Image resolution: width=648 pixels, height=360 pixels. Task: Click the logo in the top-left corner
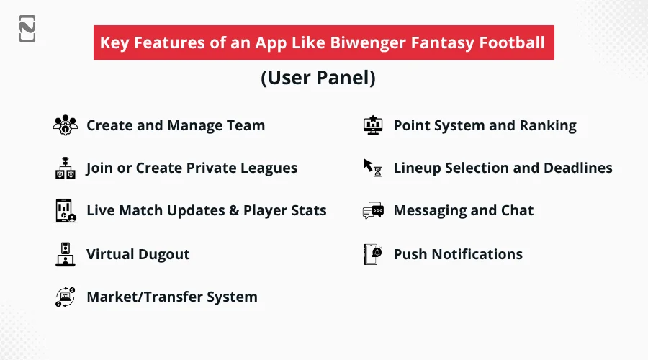pos(27,29)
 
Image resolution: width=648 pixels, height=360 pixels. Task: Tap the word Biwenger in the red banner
pos(368,43)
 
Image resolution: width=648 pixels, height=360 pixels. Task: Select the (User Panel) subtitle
pos(318,78)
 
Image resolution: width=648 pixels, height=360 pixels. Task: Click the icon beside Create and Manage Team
pos(66,125)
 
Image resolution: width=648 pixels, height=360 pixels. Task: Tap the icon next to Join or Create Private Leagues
pos(66,168)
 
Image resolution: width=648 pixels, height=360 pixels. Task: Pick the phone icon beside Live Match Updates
pos(66,210)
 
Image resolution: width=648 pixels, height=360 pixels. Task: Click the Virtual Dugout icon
pos(66,254)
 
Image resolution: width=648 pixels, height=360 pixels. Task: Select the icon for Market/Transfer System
pos(66,297)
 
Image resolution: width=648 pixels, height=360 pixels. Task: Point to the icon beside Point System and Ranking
pos(373,125)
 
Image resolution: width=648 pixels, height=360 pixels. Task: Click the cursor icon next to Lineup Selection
pos(373,168)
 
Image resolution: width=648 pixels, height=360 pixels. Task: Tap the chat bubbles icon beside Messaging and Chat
pos(373,210)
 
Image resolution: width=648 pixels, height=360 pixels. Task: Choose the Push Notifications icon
pos(373,254)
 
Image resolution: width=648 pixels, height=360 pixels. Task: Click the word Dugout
pos(164,255)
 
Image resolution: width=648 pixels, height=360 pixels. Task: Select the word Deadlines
pos(578,168)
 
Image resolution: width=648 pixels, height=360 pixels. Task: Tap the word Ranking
pos(548,126)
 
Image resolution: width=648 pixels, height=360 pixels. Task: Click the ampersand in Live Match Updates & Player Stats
pos(234,210)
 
